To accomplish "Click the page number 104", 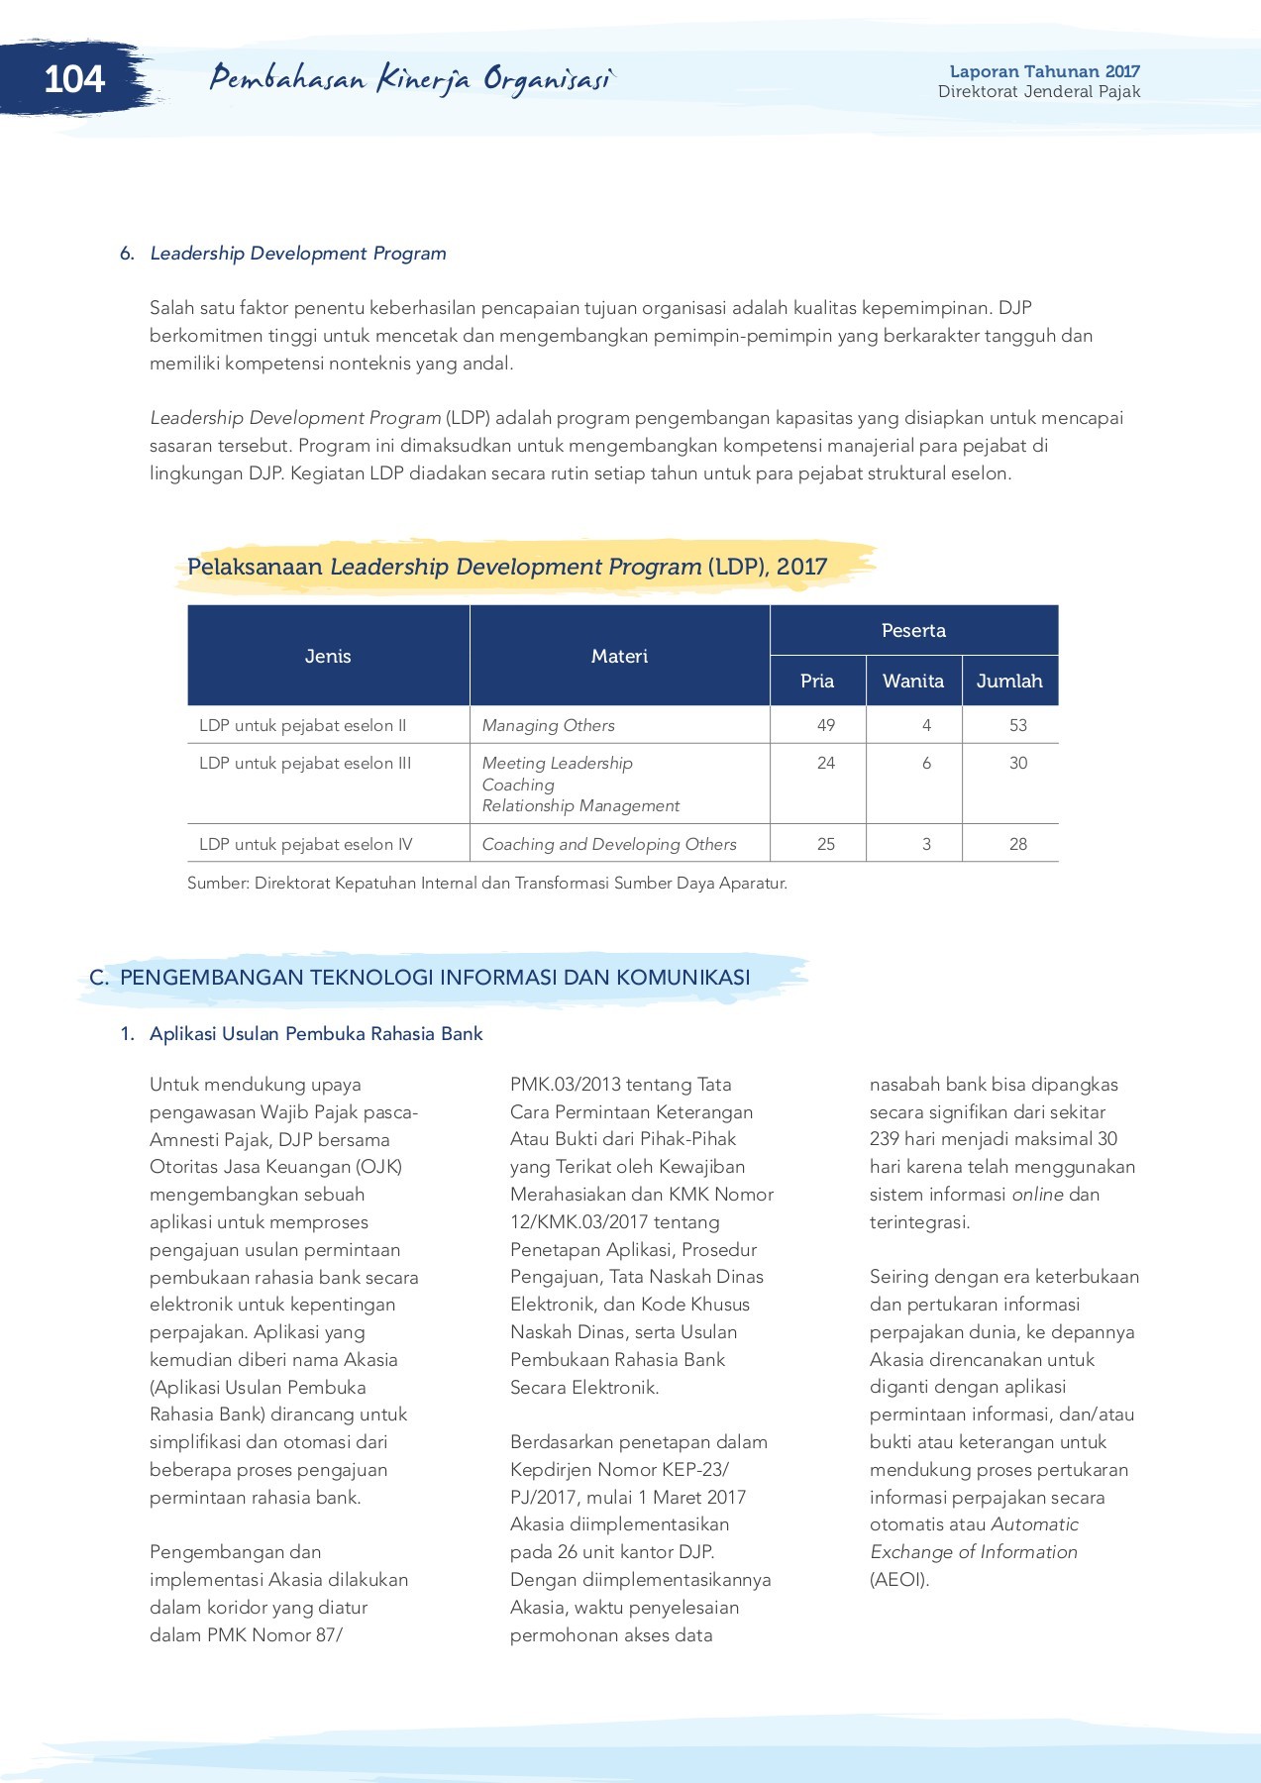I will pos(74,79).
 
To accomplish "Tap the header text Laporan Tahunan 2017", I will pos(1044,71).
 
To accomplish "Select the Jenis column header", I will pos(328,656).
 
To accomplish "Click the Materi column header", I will pos(619,656).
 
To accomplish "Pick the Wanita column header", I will pos(913,681).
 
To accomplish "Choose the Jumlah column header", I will pos(1009,681).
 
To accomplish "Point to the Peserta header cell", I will pos(913,630).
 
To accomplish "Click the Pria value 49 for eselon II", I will pos(826,725).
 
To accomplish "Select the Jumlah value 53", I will pos(1018,725).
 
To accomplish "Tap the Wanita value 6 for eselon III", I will pos(926,763).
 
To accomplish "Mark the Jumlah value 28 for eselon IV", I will pos(1018,844).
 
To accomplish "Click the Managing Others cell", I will pos(548,725).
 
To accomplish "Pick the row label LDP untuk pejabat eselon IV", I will pos(305,844).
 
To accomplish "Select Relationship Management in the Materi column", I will pos(580,806).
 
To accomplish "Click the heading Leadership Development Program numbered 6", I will pos(297,254).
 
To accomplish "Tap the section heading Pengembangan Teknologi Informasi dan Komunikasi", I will pos(434,978).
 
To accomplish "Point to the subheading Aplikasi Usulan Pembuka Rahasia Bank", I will pos(316,1034).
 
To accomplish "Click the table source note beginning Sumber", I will pos(486,883).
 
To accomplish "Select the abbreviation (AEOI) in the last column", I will pos(899,1580).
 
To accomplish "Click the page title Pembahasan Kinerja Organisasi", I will pos(411,79).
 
